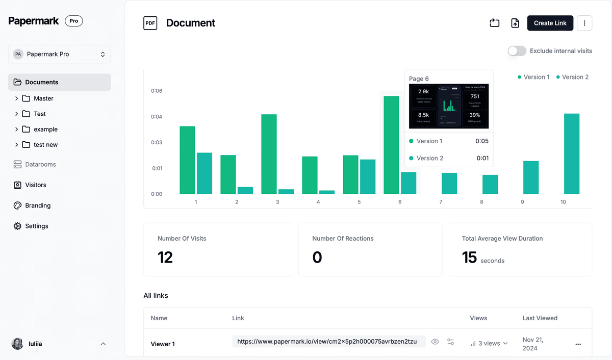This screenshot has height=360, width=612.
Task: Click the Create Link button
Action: click(x=550, y=23)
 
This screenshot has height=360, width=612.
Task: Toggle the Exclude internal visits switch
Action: click(x=517, y=51)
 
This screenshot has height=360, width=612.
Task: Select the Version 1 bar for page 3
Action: click(x=269, y=154)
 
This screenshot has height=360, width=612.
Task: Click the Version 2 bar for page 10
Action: click(x=572, y=153)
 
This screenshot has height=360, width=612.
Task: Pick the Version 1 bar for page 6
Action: click(x=391, y=145)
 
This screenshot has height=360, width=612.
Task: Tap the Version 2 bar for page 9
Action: click(x=531, y=177)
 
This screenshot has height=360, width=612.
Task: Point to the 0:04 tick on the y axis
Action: click(x=157, y=117)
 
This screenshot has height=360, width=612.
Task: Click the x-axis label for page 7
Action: click(x=441, y=202)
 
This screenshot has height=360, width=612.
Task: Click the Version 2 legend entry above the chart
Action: click(x=572, y=77)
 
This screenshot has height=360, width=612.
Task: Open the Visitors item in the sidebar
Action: click(x=36, y=185)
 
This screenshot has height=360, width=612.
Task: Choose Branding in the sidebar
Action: click(x=38, y=205)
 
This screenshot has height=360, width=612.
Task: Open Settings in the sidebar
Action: click(x=37, y=226)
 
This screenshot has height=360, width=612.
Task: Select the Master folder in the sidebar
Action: click(x=43, y=98)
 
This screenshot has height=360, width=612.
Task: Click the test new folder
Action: click(x=45, y=145)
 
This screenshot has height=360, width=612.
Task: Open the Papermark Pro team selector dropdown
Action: click(x=59, y=54)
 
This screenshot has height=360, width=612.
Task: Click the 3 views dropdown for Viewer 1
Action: click(x=489, y=343)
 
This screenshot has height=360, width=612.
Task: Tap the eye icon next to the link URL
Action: click(x=435, y=342)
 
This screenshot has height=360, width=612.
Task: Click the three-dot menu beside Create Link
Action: click(x=584, y=23)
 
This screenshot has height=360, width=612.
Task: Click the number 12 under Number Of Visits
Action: click(x=165, y=258)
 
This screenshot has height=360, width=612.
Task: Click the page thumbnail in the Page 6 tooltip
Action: click(x=449, y=106)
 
